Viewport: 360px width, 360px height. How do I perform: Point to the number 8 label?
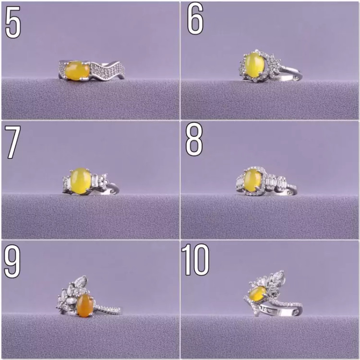pyautogui.click(x=194, y=139)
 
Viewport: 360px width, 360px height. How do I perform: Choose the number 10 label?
pyautogui.click(x=195, y=260)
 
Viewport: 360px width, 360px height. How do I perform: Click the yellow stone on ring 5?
pyautogui.click(x=77, y=71)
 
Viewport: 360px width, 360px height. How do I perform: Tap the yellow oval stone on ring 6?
pyautogui.click(x=254, y=64)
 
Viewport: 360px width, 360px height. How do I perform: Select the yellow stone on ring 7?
pyautogui.click(x=80, y=181)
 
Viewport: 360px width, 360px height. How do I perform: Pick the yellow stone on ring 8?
pyautogui.click(x=252, y=180)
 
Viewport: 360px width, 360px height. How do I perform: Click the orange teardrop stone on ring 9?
pyautogui.click(x=85, y=306)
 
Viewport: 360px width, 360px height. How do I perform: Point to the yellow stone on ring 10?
pyautogui.click(x=258, y=292)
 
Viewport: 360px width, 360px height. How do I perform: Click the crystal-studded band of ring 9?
pyautogui.click(x=108, y=310)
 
